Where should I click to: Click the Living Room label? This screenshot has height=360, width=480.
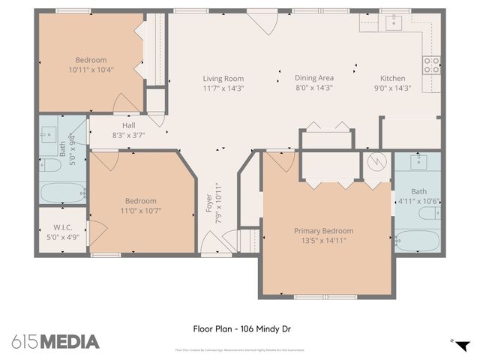click(223, 78)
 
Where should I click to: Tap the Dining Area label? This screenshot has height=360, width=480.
click(313, 78)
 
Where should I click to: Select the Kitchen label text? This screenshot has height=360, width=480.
click(392, 78)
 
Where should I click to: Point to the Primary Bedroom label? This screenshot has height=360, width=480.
click(323, 231)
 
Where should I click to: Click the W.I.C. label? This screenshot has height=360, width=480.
click(61, 228)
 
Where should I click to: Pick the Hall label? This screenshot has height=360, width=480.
click(128, 125)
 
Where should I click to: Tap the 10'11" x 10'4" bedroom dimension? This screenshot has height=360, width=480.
click(91, 70)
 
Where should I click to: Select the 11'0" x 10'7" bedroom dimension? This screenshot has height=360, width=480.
click(141, 211)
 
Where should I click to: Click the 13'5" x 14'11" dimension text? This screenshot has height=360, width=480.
click(323, 241)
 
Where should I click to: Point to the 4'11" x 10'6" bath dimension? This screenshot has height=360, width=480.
click(418, 201)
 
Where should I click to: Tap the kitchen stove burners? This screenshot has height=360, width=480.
click(432, 65)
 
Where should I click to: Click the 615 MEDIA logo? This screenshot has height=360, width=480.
click(55, 341)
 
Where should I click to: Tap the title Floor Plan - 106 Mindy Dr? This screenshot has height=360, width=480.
click(238, 328)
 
